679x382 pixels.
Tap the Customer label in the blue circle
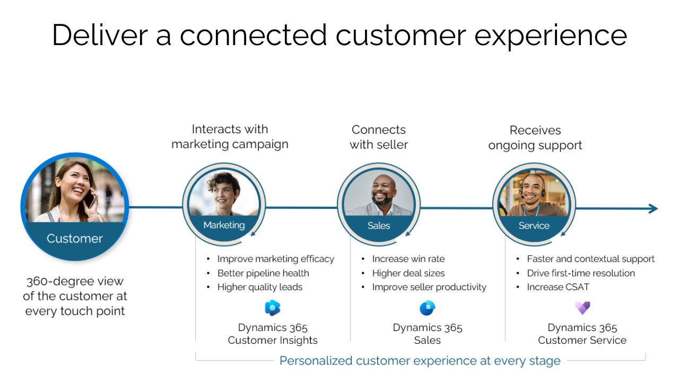[x=74, y=239]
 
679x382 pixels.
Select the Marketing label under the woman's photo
[x=224, y=225]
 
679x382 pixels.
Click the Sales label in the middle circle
[x=379, y=226]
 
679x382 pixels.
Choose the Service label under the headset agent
[x=534, y=226]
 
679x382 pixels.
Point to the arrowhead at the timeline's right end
[x=653, y=209]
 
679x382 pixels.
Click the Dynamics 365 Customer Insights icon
[x=273, y=308]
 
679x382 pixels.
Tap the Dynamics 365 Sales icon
[x=427, y=308]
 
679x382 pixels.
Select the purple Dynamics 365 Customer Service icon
[x=582, y=308]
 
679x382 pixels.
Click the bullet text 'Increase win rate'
[x=408, y=259]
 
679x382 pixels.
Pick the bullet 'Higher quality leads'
[x=259, y=287]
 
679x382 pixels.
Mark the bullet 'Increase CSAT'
[x=558, y=287]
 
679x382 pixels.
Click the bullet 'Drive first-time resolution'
[x=580, y=273]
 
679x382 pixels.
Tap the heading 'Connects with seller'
[x=379, y=137]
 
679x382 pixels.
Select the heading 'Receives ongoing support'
[x=535, y=137]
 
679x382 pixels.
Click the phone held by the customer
[x=91, y=200]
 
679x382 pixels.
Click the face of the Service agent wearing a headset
[x=532, y=188]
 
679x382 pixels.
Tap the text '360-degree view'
[x=75, y=282]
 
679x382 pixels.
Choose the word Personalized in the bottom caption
[x=316, y=361]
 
